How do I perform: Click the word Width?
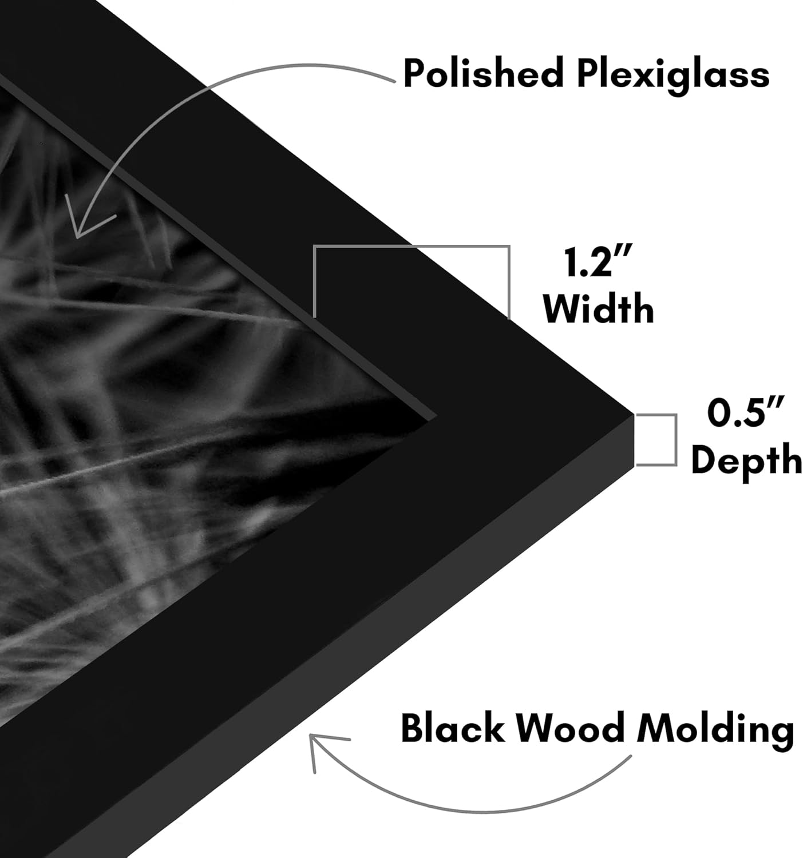[x=599, y=308]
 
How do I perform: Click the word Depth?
[x=746, y=460]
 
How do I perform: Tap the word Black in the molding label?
[x=453, y=728]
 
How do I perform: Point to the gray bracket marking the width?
[x=412, y=247]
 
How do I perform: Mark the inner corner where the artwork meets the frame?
[x=436, y=416]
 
